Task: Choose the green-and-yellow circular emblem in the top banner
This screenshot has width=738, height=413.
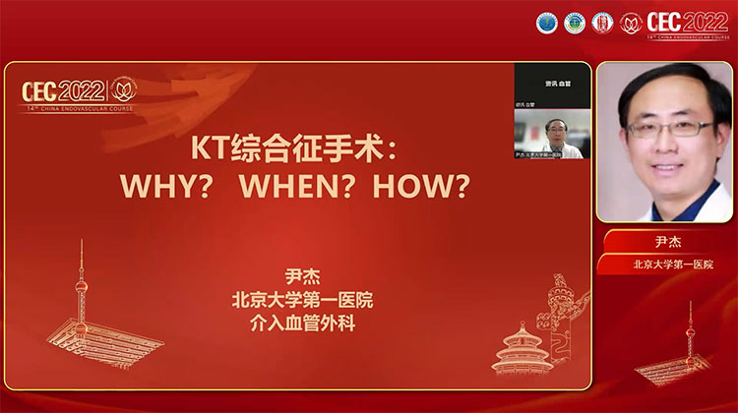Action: tap(574, 23)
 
